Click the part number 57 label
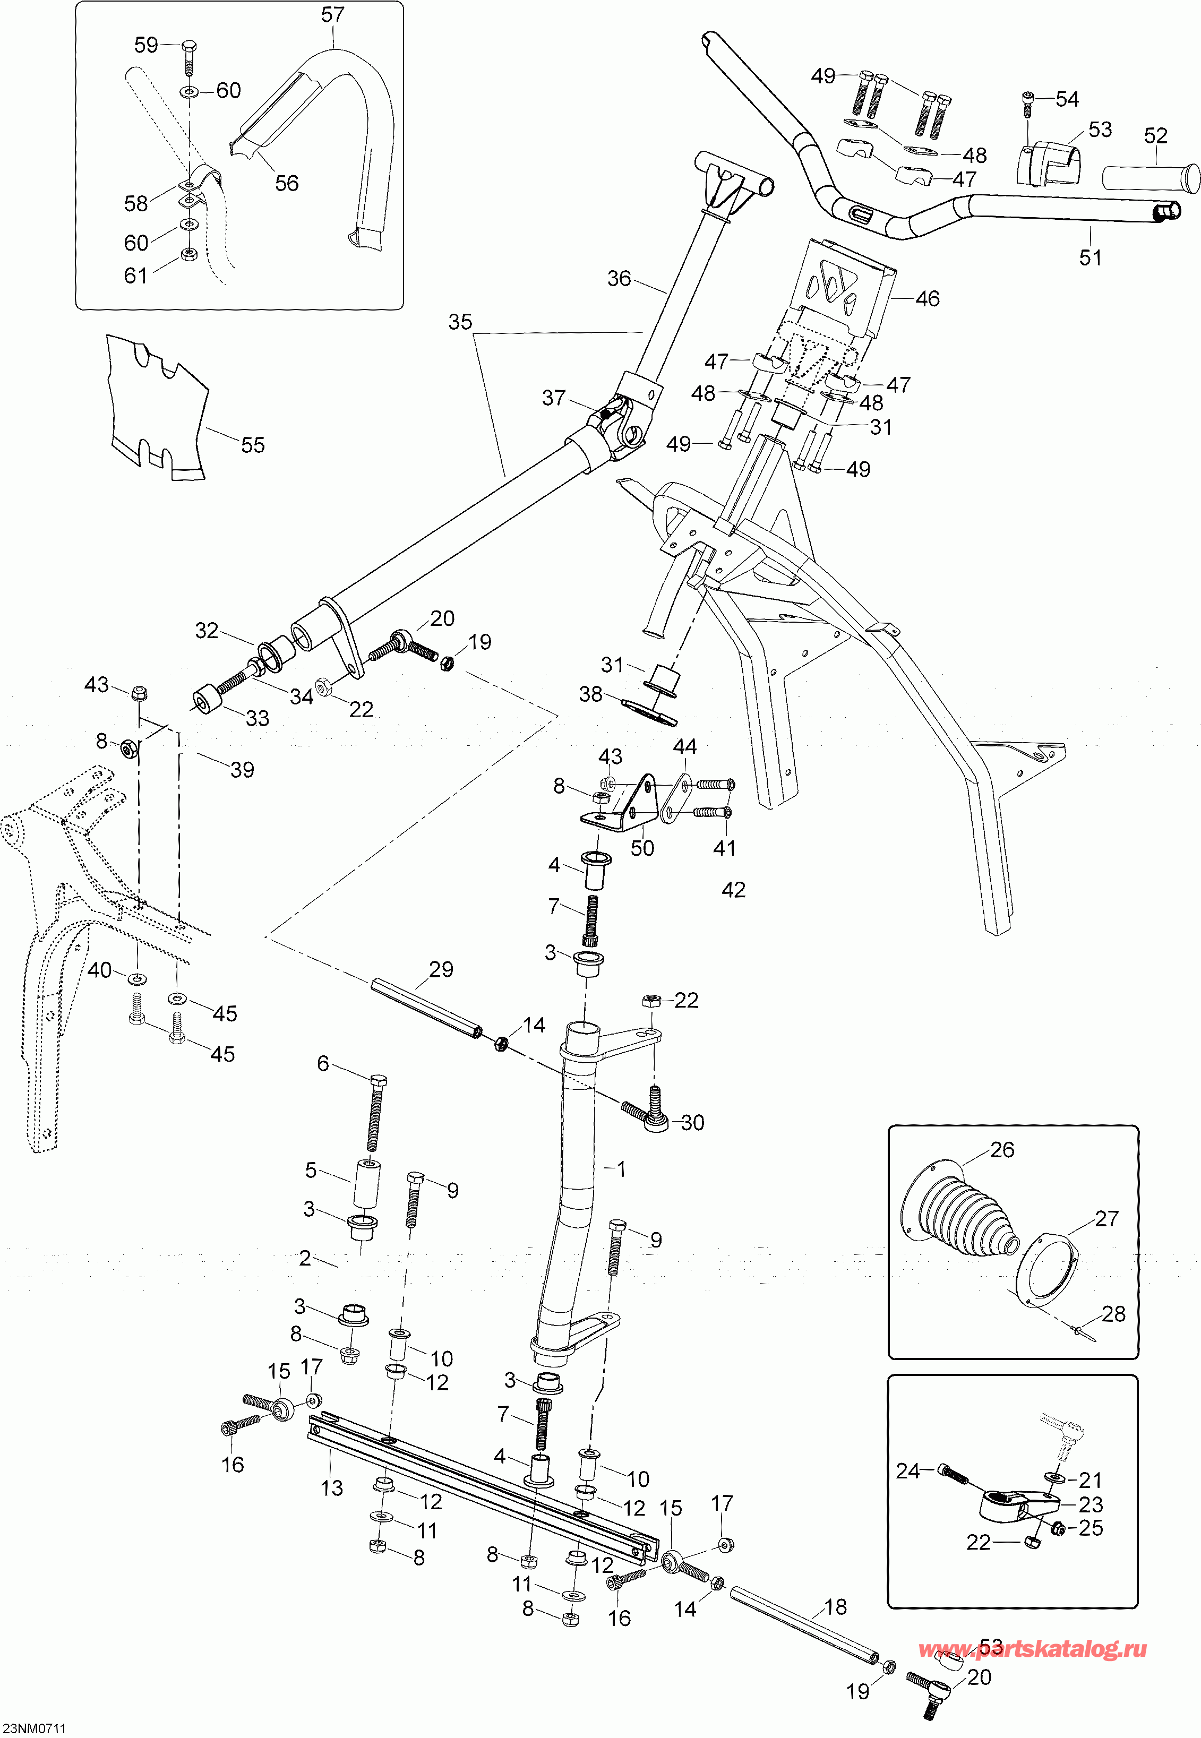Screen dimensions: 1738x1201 point(332,14)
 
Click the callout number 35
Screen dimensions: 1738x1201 point(460,322)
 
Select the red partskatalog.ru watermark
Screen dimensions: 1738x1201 point(1033,1649)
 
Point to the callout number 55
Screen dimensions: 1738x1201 point(253,445)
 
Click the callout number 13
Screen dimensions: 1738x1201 point(332,1487)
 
